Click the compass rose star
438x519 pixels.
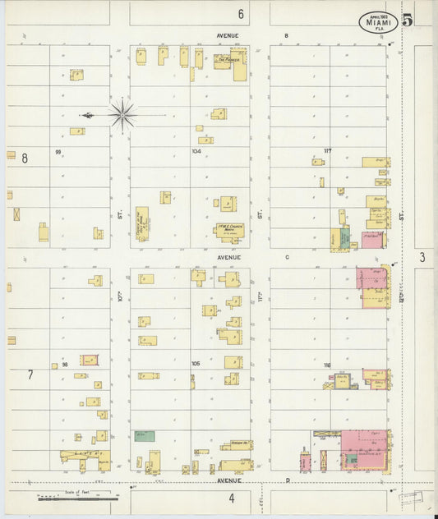click(x=122, y=115)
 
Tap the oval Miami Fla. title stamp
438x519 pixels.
click(x=378, y=23)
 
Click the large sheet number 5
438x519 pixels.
click(x=407, y=21)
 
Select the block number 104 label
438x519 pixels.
click(x=196, y=151)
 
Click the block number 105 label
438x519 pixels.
click(x=196, y=363)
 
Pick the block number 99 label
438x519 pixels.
click(x=58, y=152)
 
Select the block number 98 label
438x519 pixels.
click(x=65, y=363)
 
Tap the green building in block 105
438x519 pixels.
click(x=145, y=436)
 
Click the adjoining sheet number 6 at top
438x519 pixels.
click(x=242, y=14)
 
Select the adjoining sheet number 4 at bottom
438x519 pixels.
click(x=232, y=498)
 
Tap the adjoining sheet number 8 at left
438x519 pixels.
click(x=25, y=158)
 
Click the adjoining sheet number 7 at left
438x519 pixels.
click(x=30, y=374)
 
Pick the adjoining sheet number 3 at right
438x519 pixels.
click(x=422, y=258)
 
